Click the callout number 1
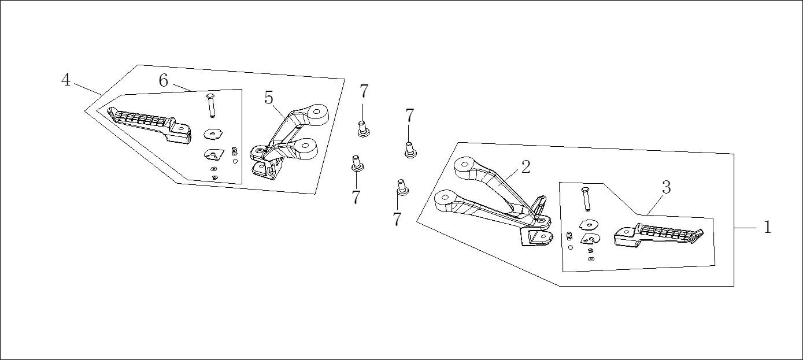point(767,227)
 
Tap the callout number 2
point(526,167)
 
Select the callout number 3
point(666,187)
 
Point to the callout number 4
point(65,80)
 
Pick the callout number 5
point(269,98)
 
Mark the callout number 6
point(164,80)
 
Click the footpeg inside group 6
point(149,125)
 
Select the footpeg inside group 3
point(658,235)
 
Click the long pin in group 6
point(211,105)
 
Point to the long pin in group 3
point(586,199)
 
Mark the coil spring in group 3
point(568,236)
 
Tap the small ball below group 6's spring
point(235,161)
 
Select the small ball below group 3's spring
point(571,247)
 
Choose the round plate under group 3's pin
point(589,224)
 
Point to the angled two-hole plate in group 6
point(214,154)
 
